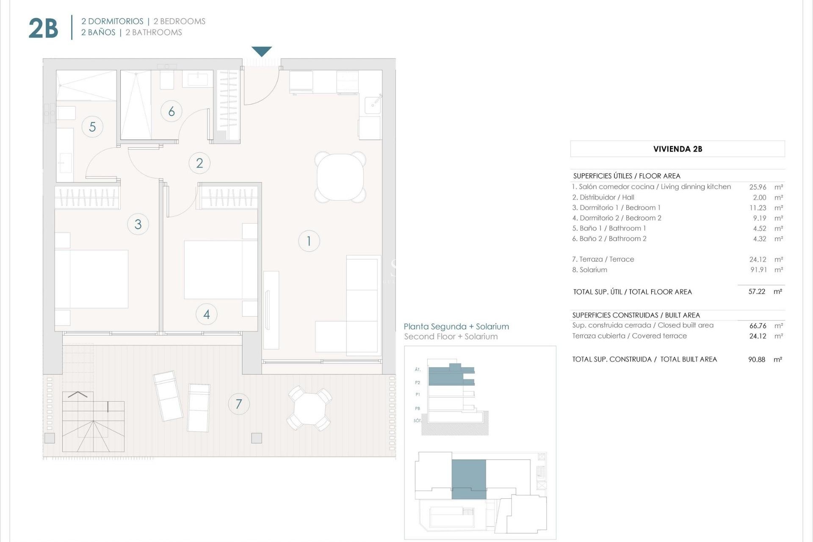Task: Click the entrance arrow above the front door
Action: click(x=262, y=51)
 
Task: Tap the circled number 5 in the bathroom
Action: click(x=92, y=127)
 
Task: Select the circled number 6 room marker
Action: click(x=171, y=111)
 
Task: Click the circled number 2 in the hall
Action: click(x=199, y=163)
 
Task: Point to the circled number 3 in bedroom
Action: click(x=138, y=224)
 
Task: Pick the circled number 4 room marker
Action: click(x=207, y=314)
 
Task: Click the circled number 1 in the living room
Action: click(x=309, y=241)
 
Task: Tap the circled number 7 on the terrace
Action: click(x=239, y=404)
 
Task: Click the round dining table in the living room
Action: click(x=340, y=177)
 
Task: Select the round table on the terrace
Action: click(x=310, y=408)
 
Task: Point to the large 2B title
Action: click(x=43, y=28)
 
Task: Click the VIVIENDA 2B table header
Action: click(x=677, y=149)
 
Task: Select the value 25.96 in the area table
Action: click(x=758, y=187)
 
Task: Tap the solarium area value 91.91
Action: click(x=758, y=270)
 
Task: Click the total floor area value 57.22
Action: click(x=757, y=292)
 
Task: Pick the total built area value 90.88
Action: click(x=757, y=359)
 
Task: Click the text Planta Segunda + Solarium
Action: click(x=456, y=326)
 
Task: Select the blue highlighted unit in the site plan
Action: click(x=469, y=478)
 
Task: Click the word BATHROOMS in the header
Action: click(x=157, y=33)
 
